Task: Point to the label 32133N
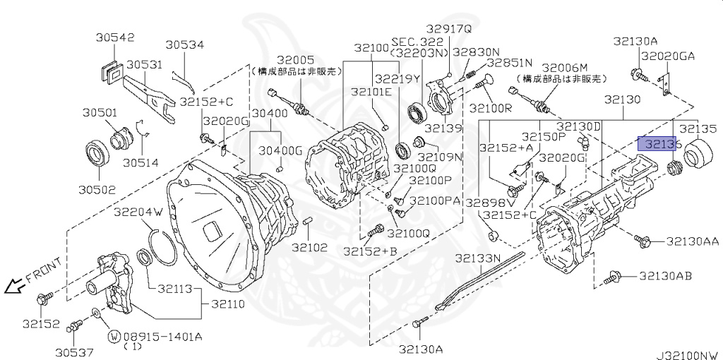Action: click(x=477, y=258)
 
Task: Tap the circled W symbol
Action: click(x=113, y=336)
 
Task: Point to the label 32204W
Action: click(x=138, y=211)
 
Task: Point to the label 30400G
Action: click(x=280, y=150)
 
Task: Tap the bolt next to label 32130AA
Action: click(x=643, y=241)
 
